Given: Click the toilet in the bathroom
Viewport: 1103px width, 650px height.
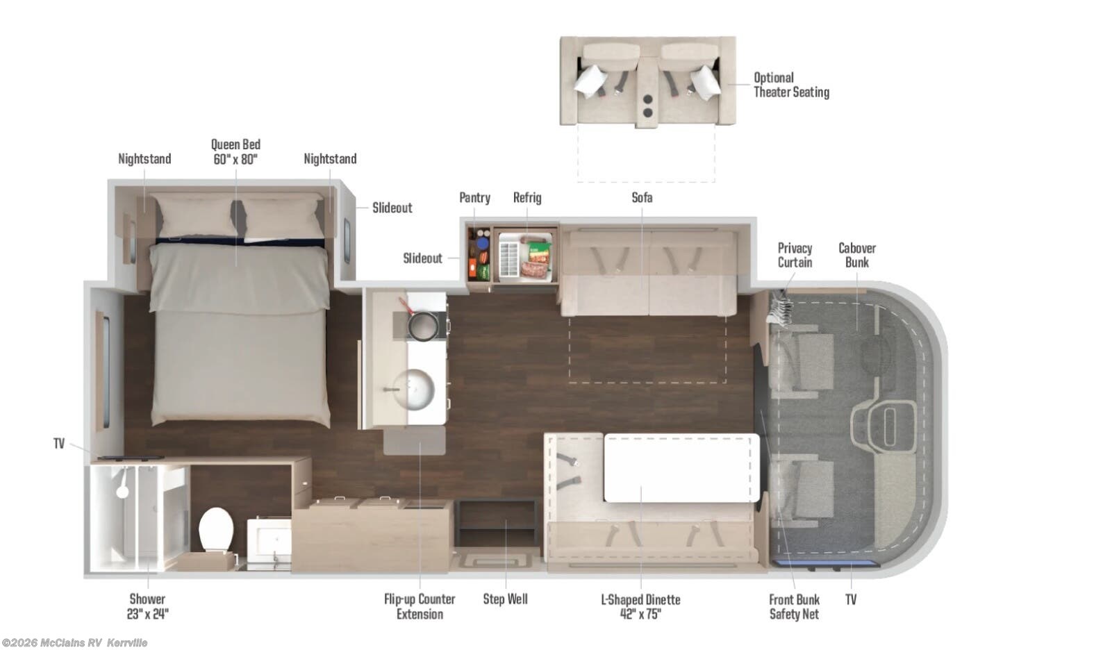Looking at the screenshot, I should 215,530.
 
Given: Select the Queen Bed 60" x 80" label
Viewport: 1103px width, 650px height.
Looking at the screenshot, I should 235,151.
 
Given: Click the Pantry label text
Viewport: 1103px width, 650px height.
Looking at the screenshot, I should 474,198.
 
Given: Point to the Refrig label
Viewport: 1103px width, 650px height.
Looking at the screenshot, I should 526,198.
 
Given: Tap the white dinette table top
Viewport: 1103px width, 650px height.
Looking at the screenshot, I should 681,467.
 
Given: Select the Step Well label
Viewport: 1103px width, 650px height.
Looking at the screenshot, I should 505,599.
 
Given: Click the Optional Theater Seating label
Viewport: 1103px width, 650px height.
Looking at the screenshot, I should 790,85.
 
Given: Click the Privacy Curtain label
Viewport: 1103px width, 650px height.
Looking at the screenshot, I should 795,255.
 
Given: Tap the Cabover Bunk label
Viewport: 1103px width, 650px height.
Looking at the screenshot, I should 856,255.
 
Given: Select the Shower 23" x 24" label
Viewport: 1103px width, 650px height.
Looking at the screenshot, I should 147,606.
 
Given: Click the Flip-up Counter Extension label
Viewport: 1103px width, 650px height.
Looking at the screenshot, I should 420,606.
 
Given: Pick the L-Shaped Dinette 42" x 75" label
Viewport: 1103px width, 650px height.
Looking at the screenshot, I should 640,607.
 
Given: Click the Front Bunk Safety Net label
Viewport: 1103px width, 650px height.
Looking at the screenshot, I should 794,607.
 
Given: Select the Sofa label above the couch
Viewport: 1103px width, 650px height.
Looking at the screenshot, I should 641,198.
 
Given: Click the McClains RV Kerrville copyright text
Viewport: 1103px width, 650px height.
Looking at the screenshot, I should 75,643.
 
